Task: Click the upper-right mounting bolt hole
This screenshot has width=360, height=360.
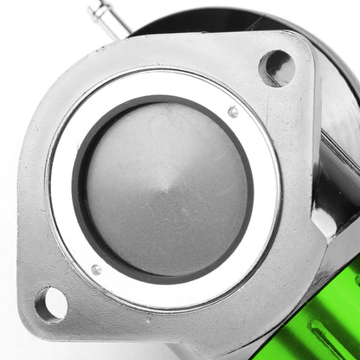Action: [276, 67]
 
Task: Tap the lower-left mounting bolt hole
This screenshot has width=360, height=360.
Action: [51, 305]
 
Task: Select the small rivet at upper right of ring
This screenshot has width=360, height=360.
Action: [233, 112]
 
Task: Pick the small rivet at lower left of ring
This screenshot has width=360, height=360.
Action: [96, 269]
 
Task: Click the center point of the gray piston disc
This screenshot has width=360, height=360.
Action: [167, 189]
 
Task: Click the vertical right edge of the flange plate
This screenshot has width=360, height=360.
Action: [311, 173]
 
